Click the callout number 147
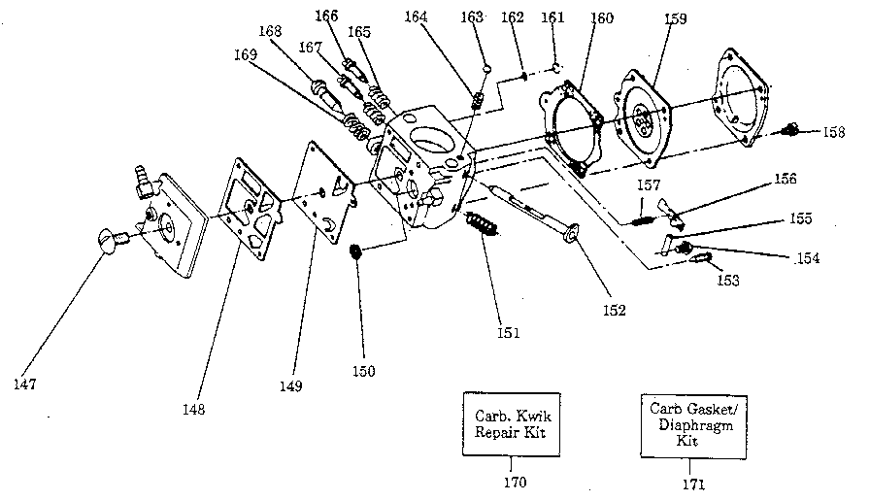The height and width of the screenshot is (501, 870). click(25, 384)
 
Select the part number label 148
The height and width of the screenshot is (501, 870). click(193, 409)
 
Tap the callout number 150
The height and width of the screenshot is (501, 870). click(363, 370)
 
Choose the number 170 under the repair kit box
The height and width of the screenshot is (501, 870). click(515, 482)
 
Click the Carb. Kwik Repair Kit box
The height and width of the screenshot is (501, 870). click(510, 424)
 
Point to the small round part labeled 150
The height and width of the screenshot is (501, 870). click(355, 253)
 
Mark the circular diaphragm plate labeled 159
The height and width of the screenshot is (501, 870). click(643, 122)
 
